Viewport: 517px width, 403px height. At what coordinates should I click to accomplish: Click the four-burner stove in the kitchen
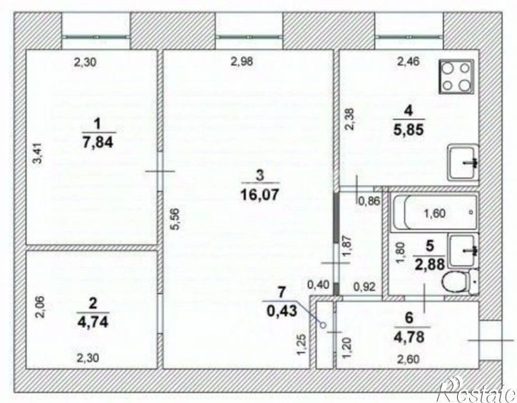pos(456,76)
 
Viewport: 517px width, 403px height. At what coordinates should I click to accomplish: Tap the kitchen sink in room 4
pos(463,162)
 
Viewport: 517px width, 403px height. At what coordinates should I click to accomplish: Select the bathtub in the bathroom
pos(434,212)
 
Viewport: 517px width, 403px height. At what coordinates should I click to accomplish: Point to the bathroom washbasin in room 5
pos(464,250)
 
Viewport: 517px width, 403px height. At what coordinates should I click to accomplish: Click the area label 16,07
pos(260,194)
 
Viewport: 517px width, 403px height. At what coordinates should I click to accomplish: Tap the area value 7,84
pos(98,142)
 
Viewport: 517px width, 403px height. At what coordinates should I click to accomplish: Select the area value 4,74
pos(93,322)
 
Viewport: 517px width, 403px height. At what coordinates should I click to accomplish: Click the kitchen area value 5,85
pos(409,130)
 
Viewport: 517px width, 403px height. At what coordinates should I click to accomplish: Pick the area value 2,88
pos(430,264)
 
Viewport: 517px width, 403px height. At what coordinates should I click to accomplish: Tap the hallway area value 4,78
pos(409,337)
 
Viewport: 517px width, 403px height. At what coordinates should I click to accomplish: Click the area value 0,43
pos(282,311)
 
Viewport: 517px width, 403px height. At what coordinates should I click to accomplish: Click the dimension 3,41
pos(39,153)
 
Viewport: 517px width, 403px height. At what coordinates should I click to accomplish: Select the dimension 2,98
pos(242,61)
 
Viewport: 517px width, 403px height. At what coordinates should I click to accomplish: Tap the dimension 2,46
pos(408,61)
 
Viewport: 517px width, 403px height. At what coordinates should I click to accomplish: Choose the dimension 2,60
pos(408,359)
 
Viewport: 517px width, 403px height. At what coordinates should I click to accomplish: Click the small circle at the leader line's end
pos(324,325)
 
